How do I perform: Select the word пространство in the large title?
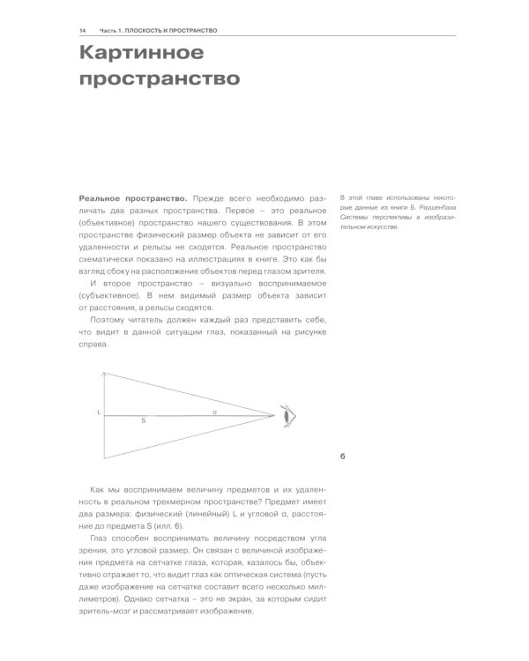160,81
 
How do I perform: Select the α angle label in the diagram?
214,411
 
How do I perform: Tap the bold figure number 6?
342,456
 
